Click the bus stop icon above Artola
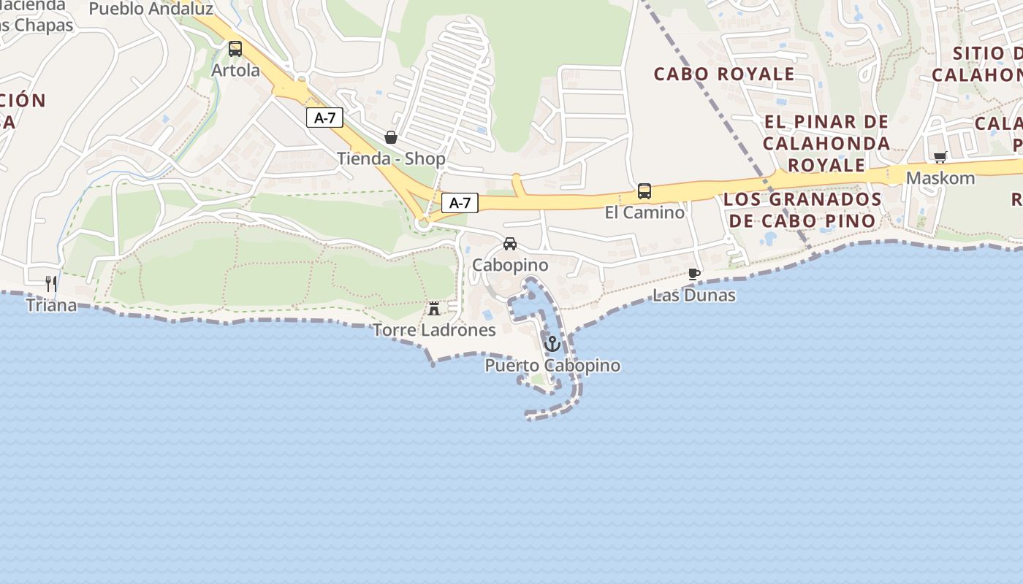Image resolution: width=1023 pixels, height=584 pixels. coord(235,49)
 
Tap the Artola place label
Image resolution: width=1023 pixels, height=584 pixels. coord(235,70)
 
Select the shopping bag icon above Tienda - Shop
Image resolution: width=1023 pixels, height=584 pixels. coord(391,137)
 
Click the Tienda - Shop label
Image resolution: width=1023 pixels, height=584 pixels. coord(391,158)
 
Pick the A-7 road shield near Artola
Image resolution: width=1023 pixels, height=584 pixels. coord(324,118)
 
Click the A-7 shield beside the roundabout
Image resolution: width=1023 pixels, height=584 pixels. coord(460,203)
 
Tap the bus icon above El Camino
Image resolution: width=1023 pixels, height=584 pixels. coord(644,191)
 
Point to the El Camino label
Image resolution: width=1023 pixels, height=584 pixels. coord(644,212)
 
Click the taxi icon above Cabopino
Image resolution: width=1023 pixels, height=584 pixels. coord(510,244)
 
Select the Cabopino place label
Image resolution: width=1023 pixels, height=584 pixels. coord(510,265)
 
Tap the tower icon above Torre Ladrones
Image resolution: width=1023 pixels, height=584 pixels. coord(434,309)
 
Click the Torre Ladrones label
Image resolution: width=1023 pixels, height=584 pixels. coord(434,330)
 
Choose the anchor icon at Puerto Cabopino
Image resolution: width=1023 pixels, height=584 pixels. coord(552,343)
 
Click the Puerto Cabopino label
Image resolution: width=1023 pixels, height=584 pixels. coord(552,365)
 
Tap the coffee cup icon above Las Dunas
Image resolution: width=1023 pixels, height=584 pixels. coord(693,274)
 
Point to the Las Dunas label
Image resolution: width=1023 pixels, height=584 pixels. coord(693,295)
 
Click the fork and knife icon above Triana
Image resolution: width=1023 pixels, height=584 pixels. coord(51,283)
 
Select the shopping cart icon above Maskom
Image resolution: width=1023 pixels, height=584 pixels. coord(940,157)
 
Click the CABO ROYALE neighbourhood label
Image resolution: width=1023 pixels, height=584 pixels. coord(723,74)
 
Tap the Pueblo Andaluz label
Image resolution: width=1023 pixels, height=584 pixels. coord(151,9)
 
